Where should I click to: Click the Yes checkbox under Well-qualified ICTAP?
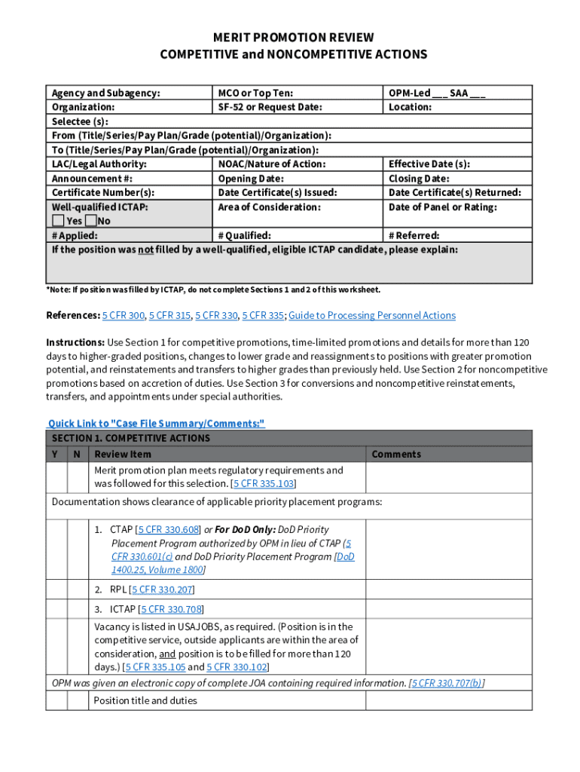click(58, 221)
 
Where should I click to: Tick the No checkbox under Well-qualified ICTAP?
click(91, 221)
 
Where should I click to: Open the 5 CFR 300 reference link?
click(124, 315)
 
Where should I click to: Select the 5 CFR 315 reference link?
click(169, 315)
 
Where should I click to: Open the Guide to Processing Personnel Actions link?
click(372, 315)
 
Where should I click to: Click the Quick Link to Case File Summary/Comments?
click(156, 424)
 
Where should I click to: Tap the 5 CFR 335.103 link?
click(264, 483)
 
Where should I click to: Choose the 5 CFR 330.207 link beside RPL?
click(162, 590)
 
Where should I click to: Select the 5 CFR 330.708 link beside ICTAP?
click(172, 609)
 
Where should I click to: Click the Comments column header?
click(396, 454)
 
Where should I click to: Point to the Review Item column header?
click(123, 454)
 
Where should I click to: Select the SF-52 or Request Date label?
click(270, 107)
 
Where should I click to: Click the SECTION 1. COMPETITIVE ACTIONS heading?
click(131, 438)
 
